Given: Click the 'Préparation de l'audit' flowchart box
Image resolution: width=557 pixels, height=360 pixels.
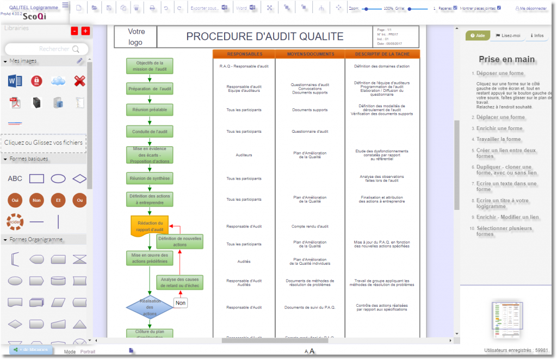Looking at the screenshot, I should [x=150, y=89].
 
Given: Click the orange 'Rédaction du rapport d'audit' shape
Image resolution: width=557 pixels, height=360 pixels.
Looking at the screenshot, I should [x=150, y=226].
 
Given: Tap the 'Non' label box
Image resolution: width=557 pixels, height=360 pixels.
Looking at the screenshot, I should [x=181, y=303].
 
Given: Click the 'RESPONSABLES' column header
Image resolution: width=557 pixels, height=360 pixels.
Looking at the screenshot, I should [x=244, y=54].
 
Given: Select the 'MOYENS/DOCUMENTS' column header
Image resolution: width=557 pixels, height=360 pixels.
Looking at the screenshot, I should [x=310, y=54].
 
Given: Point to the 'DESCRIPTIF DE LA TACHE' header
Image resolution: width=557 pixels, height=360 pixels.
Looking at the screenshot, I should [x=382, y=54].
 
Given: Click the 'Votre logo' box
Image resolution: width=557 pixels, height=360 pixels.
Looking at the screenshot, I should [x=135, y=37].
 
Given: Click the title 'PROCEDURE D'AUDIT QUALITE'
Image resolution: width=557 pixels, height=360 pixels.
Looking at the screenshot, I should [x=265, y=37].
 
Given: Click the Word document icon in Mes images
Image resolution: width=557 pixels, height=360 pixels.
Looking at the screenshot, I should [x=15, y=82].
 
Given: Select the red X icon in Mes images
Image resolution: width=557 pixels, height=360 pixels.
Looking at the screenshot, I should [x=79, y=82].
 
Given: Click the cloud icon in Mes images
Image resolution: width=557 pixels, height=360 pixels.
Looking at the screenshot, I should [x=58, y=82].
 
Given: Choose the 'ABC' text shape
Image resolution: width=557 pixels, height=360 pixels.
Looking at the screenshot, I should [x=15, y=178].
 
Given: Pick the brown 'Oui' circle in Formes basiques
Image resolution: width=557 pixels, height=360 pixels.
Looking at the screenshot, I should [x=15, y=200].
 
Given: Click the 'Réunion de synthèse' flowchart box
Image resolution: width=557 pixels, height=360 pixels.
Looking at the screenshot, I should [x=150, y=178].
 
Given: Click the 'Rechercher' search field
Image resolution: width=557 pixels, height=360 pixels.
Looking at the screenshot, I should [x=46, y=49].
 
